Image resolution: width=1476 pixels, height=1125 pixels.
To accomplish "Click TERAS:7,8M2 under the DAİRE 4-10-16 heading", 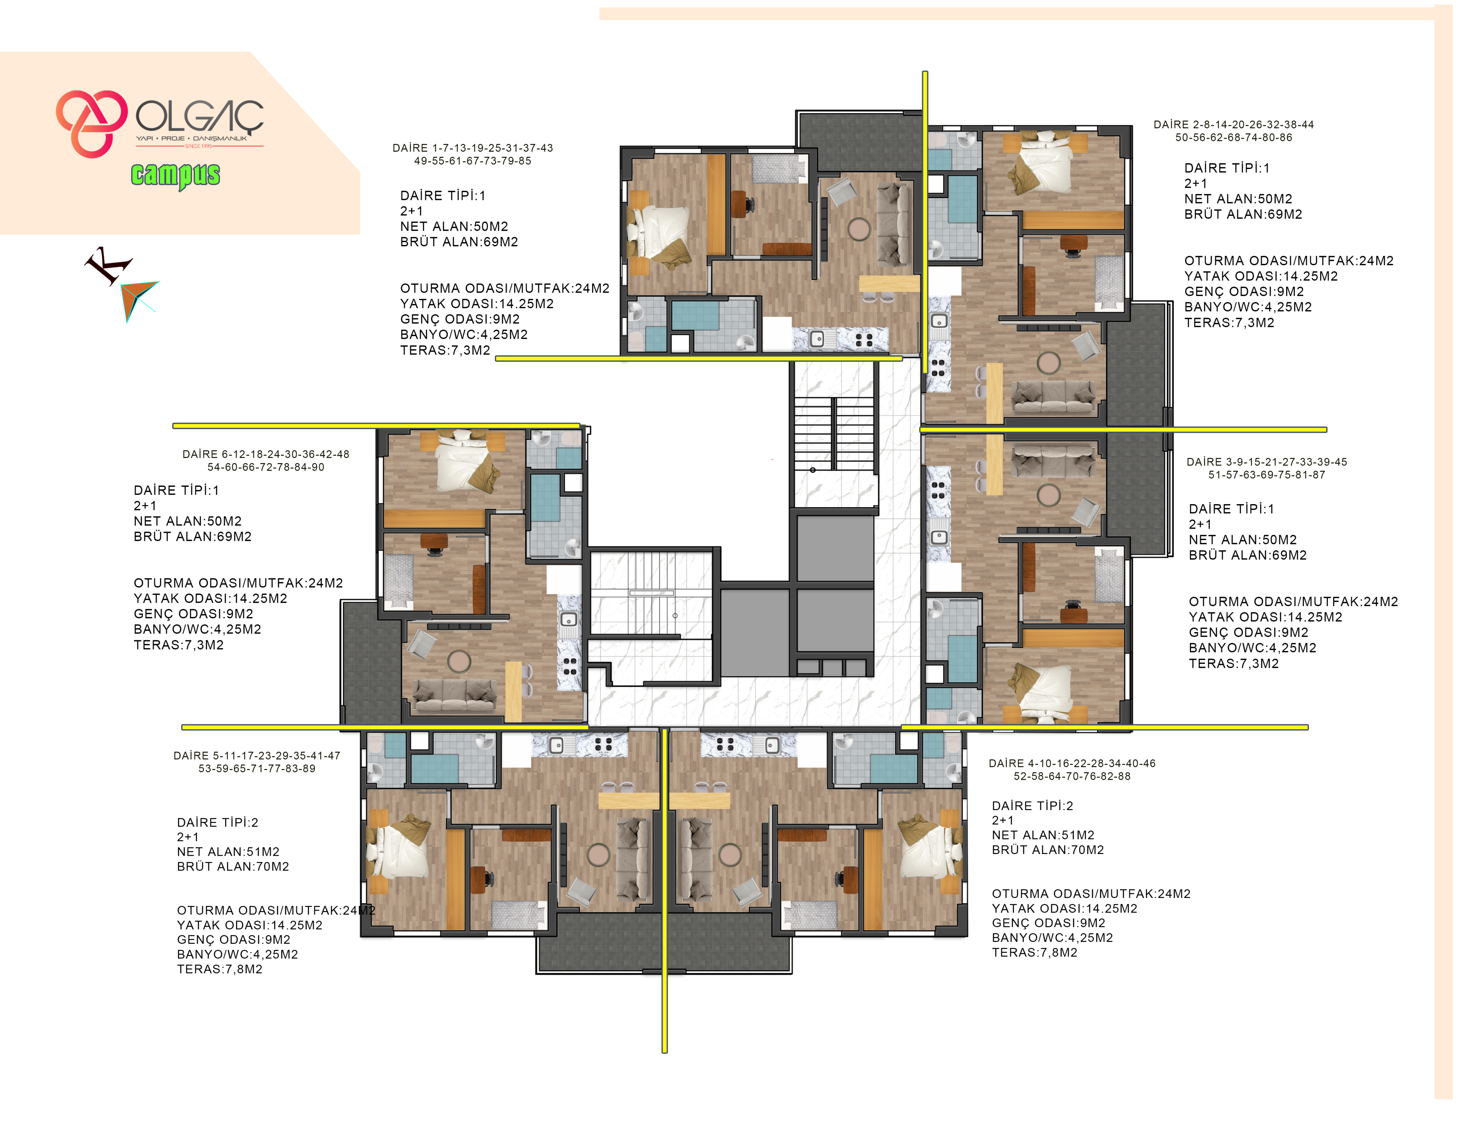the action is (x=1035, y=953).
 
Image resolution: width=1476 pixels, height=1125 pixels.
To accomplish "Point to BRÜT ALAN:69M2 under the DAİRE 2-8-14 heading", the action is (x=1243, y=214).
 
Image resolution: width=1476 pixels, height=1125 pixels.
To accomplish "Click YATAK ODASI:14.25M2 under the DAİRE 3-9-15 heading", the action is (x=1265, y=617).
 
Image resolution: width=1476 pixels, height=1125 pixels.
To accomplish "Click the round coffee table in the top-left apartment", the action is (x=859, y=229).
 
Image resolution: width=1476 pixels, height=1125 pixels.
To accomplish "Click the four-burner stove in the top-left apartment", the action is (x=864, y=339).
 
